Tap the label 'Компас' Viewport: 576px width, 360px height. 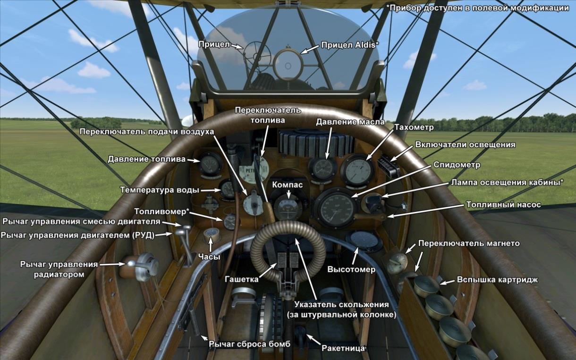click(287, 185)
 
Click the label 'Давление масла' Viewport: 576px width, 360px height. click(350, 122)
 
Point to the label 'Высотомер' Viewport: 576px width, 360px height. click(351, 269)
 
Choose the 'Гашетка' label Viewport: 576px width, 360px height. click(241, 279)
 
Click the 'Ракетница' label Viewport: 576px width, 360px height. click(343, 348)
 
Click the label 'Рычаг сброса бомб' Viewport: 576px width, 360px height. click(249, 343)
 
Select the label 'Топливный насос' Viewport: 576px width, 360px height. click(503, 205)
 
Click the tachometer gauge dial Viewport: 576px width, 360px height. click(357, 171)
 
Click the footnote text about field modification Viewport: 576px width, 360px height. click(477, 8)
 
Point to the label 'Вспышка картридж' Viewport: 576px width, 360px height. click(497, 279)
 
